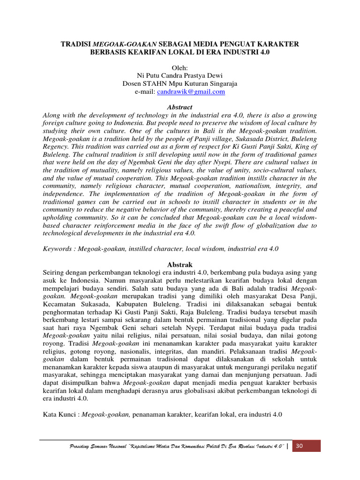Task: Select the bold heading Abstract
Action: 180,107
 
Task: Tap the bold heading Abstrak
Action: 180,265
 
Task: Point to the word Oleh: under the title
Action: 180,68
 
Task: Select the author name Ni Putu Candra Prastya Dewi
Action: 180,76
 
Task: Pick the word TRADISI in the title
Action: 76,44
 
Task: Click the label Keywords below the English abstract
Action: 58,249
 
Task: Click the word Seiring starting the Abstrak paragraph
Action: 52,273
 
